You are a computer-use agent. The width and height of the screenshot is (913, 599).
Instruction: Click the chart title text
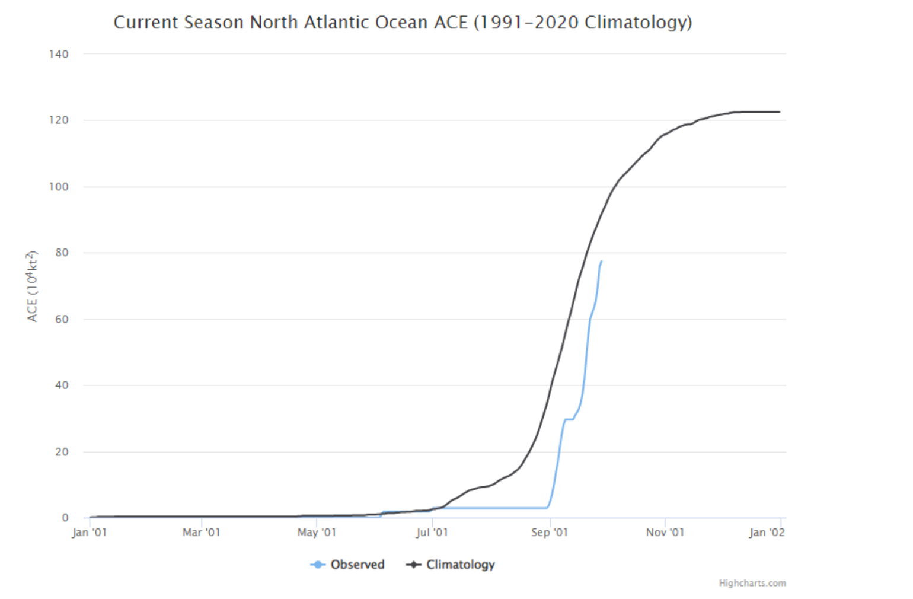pyautogui.click(x=403, y=23)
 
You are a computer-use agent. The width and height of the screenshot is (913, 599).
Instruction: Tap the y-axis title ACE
pyautogui.click(x=32, y=286)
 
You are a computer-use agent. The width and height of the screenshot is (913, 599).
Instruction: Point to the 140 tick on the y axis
pyautogui.click(x=59, y=54)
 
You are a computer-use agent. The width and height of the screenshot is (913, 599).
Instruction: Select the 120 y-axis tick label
pyautogui.click(x=59, y=120)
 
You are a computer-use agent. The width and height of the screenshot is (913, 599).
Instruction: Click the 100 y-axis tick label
pyautogui.click(x=59, y=187)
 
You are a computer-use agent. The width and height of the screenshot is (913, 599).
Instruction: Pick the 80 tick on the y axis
pyautogui.click(x=62, y=253)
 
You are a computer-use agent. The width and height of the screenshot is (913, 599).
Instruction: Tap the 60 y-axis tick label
pyautogui.click(x=62, y=319)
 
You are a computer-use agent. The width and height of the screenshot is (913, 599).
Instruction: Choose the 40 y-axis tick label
pyautogui.click(x=62, y=385)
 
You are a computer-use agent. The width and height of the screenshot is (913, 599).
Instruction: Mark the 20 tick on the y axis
pyautogui.click(x=62, y=452)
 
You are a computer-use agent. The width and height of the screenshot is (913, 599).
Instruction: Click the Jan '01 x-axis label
pyautogui.click(x=90, y=533)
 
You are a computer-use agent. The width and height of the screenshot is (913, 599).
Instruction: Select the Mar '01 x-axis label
pyautogui.click(x=202, y=533)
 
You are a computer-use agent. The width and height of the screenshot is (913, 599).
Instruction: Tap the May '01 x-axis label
pyautogui.click(x=317, y=533)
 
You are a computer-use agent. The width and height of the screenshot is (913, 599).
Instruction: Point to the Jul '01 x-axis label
pyautogui.click(x=432, y=533)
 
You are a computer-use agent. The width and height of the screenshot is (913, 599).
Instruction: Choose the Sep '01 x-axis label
pyautogui.click(x=550, y=533)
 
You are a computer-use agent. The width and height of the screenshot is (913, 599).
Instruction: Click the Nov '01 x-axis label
pyautogui.click(x=665, y=533)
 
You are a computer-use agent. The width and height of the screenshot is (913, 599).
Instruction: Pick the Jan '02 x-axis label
pyautogui.click(x=767, y=533)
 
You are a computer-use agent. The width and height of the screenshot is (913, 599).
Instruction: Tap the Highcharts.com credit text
pyautogui.click(x=752, y=584)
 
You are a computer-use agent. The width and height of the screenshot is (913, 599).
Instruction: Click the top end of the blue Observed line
pyautogui.click(x=601, y=262)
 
